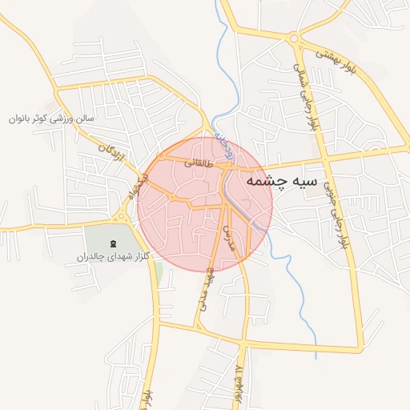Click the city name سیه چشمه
282,181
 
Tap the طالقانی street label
199,162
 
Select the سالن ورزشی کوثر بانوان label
51,119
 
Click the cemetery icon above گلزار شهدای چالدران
112,242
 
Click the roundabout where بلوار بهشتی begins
295,37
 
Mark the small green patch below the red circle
159,272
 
